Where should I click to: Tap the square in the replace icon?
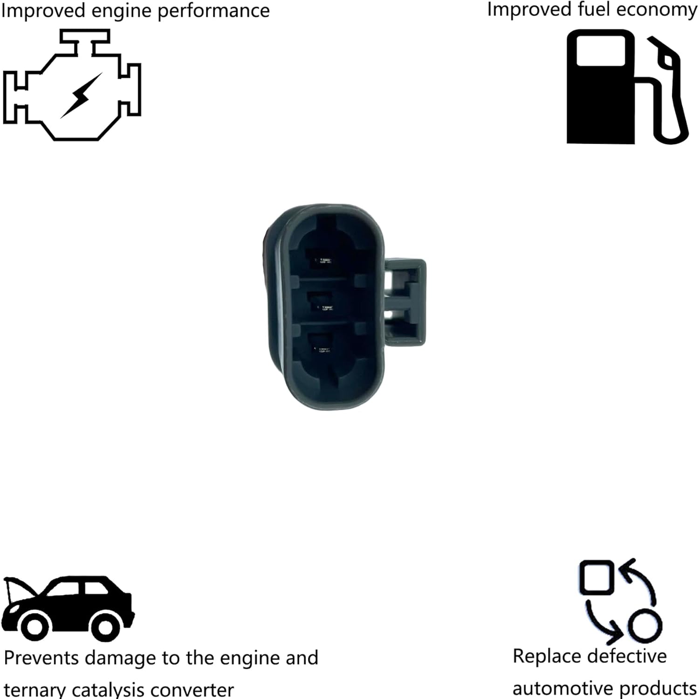(x=596, y=577)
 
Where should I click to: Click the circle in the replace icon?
(x=645, y=624)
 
